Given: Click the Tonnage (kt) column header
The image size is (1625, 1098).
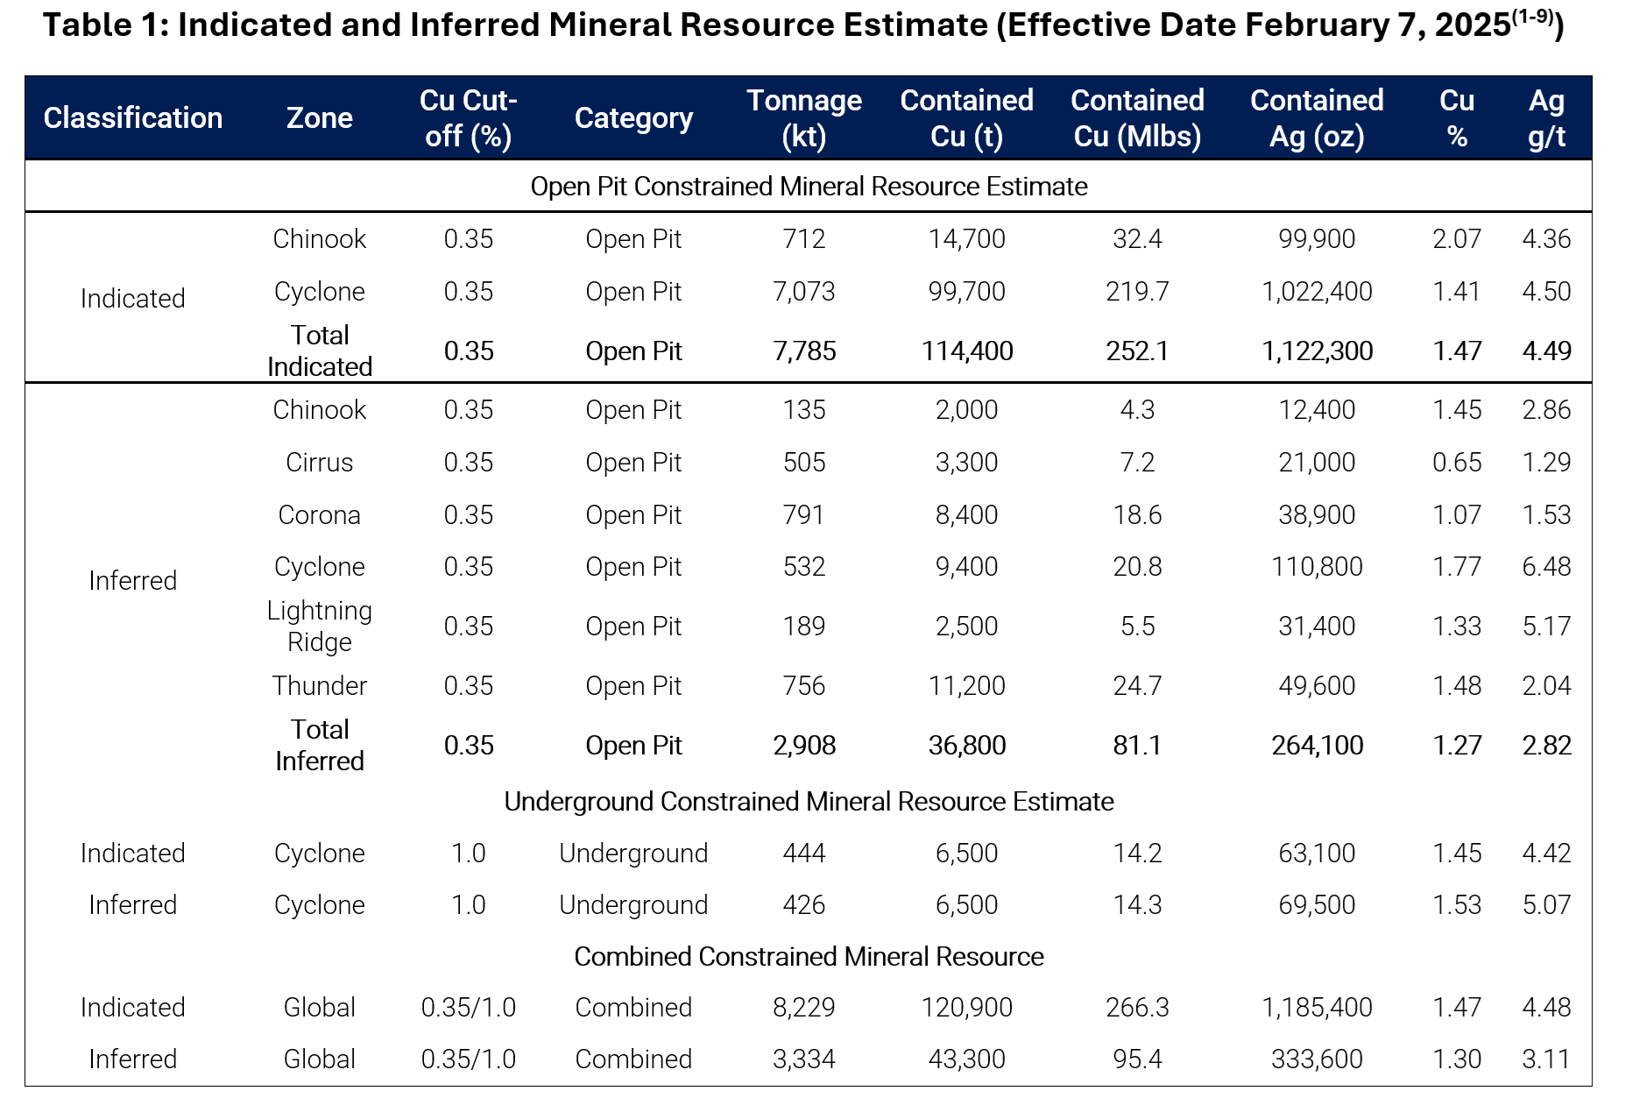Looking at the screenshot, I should [804, 118].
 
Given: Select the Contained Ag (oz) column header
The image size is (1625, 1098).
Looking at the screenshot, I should [1317, 118].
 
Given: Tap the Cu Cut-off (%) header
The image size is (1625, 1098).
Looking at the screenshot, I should [468, 118].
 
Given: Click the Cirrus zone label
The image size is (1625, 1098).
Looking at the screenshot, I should [319, 463].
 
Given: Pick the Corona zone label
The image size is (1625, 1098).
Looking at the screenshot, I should [319, 515].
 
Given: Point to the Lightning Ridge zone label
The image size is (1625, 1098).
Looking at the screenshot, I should [319, 627].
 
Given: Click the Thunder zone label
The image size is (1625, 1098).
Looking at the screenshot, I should [319, 686].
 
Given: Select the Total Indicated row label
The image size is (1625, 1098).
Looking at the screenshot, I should [319, 351].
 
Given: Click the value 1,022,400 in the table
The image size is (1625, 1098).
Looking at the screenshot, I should [1317, 292].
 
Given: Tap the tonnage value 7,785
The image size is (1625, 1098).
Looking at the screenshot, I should [804, 351].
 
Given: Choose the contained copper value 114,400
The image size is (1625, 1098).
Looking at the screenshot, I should [967, 351].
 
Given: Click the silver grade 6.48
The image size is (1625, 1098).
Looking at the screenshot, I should [1546, 567].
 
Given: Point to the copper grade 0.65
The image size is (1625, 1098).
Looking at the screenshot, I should [1457, 463].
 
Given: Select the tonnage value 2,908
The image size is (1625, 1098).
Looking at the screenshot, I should [804, 746].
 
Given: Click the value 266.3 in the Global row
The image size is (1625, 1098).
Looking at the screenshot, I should [1137, 1008].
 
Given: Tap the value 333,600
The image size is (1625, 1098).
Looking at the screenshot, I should [1317, 1059].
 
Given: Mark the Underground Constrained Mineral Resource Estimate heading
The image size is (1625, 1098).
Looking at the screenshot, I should [809, 802].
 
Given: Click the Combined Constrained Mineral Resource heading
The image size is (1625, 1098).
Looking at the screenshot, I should [809, 957].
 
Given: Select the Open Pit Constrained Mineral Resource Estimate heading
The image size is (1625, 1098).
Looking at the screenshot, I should [809, 187].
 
